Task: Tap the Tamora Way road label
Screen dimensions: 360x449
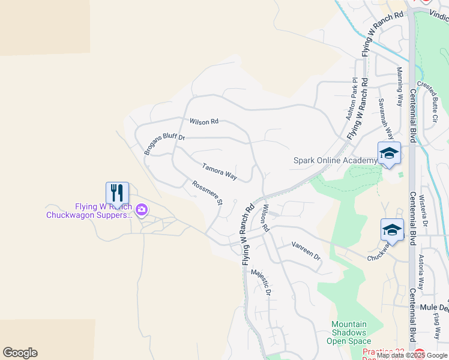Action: [x=219, y=172]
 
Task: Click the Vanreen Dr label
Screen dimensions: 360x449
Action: [x=306, y=251]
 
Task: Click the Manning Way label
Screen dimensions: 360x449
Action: [x=400, y=86]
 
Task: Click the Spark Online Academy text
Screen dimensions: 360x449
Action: [x=334, y=160]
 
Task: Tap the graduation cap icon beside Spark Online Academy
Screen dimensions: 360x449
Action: [x=388, y=153]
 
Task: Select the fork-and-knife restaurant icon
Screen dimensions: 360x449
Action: [x=117, y=193]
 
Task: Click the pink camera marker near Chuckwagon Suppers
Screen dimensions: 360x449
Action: [x=142, y=210]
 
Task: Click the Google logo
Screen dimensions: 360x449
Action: [x=20, y=353]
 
